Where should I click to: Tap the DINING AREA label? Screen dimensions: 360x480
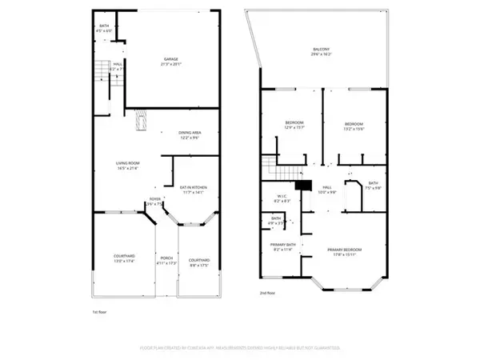pos(190,134)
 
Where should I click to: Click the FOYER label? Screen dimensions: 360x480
pos(154,201)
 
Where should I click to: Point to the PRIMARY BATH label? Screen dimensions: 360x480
pos(284,249)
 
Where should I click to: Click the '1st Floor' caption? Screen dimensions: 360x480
pos(99,310)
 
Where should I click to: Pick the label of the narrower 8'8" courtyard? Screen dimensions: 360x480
pos(198,261)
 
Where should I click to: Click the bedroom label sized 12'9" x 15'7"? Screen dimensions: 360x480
pos(294,126)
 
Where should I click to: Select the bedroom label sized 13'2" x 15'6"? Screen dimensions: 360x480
pos(354,126)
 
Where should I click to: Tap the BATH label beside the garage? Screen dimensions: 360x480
pos(104,29)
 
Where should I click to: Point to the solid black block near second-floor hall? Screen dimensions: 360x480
pos(302,186)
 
